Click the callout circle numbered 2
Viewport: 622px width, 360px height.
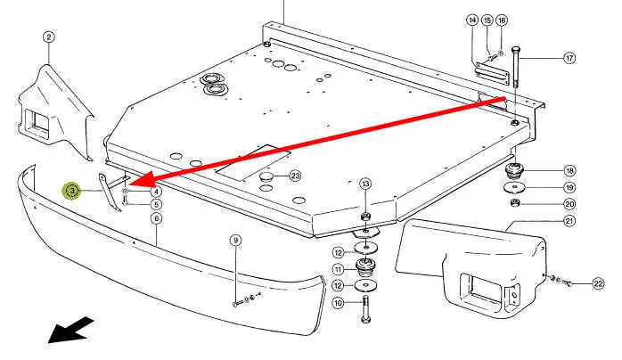(48, 37)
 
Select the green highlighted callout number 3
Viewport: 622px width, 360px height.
(72, 191)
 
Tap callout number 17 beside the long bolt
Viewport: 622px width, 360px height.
(569, 58)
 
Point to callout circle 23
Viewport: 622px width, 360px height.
(295, 176)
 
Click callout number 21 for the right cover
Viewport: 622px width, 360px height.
(569, 221)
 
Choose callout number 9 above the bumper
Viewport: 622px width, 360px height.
(235, 241)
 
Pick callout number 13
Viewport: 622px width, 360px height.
(365, 184)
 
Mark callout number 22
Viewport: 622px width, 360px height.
(598, 284)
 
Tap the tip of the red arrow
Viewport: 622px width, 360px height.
(128, 184)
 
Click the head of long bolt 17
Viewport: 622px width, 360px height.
(515, 51)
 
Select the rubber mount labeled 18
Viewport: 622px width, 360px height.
(514, 170)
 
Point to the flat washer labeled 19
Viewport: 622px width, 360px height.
(515, 187)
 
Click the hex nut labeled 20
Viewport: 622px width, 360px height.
(515, 203)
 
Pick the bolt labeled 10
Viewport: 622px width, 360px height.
(365, 308)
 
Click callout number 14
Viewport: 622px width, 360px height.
(472, 20)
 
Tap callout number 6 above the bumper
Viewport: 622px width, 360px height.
(157, 218)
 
